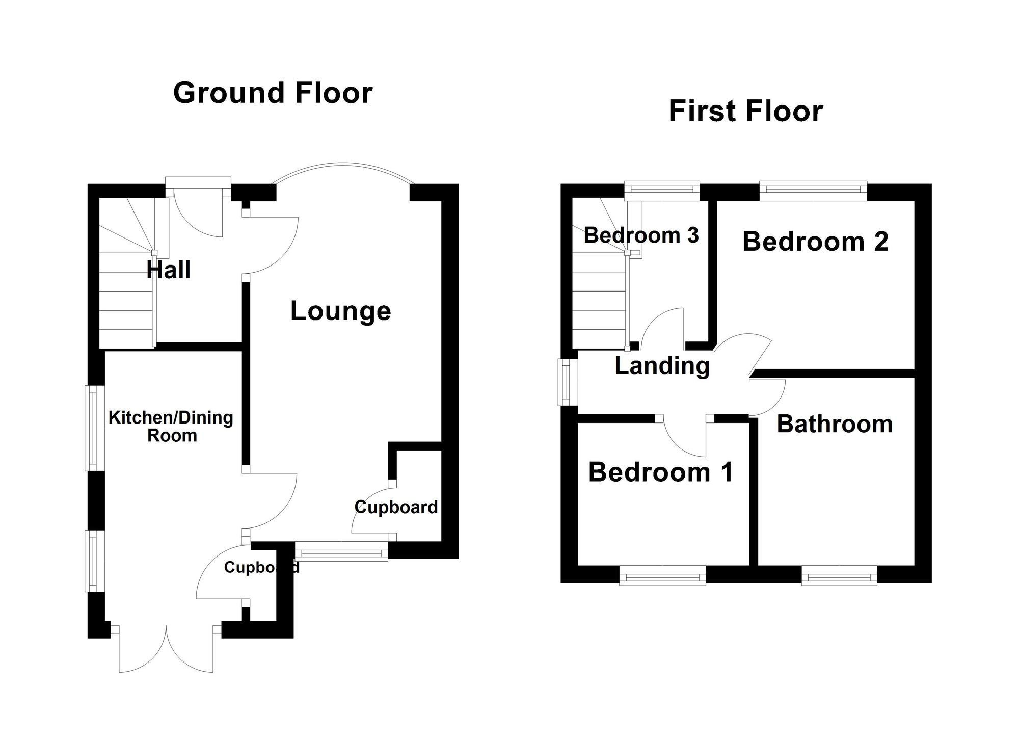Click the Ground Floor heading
(273, 93)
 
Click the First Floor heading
(745, 111)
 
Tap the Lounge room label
(340, 311)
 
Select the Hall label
(169, 270)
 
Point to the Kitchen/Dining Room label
(171, 427)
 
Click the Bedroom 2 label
(815, 242)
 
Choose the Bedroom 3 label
(641, 235)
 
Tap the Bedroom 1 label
(661, 472)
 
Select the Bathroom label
(835, 424)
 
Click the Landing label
(662, 365)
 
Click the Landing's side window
(565, 382)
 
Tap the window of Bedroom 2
(813, 190)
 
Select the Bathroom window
(839, 577)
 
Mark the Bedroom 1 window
(662, 577)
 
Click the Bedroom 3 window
(662, 190)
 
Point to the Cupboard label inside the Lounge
(396, 507)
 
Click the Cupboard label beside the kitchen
(261, 567)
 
